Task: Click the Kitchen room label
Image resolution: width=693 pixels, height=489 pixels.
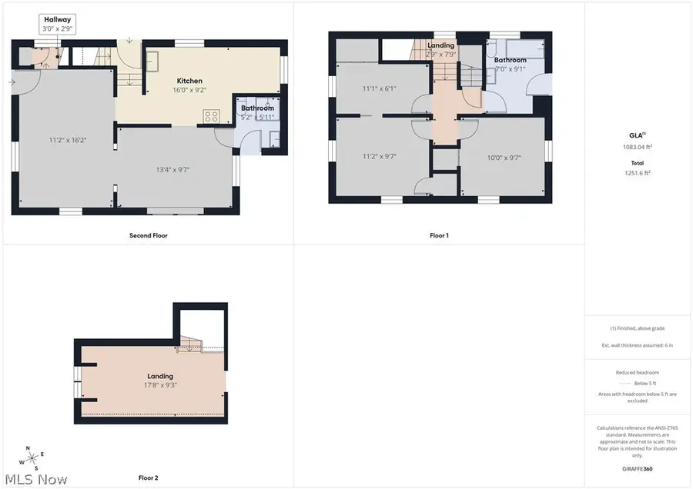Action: pyautogui.click(x=189, y=81)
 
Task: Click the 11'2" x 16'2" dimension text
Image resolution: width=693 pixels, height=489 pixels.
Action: pyautogui.click(x=66, y=140)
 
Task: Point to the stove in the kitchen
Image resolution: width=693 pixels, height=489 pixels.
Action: pyautogui.click(x=212, y=116)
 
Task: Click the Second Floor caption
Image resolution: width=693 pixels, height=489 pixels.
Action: pyautogui.click(x=148, y=235)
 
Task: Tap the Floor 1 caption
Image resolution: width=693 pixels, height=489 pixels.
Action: pyautogui.click(x=439, y=235)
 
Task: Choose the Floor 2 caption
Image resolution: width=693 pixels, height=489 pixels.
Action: pyautogui.click(x=147, y=477)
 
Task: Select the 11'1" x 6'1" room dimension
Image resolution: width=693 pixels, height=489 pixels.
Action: pyautogui.click(x=380, y=88)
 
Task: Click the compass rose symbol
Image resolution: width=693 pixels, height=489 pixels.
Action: pyautogui.click(x=32, y=458)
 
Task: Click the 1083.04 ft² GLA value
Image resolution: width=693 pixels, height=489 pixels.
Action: pyautogui.click(x=637, y=147)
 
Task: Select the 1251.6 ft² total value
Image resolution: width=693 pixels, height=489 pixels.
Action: pyautogui.click(x=637, y=173)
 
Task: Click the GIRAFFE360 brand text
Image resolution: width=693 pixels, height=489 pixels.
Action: pyautogui.click(x=637, y=469)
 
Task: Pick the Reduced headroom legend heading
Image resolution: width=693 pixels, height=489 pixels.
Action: pyautogui.click(x=637, y=372)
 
